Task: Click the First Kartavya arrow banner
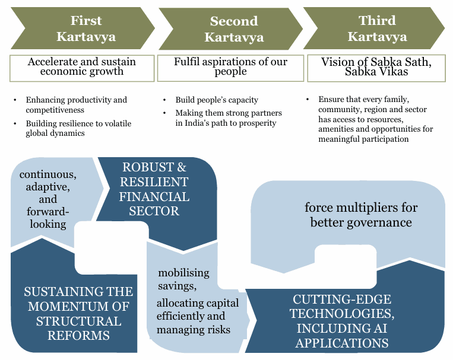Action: point(85,28)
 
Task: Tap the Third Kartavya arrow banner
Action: point(377,28)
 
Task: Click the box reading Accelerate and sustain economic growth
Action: point(82,67)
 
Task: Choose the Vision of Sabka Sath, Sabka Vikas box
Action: point(377,66)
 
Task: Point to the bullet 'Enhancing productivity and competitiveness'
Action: point(76,104)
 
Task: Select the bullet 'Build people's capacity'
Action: point(217,100)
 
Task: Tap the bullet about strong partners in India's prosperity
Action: point(229,117)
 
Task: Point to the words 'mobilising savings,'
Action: point(183,280)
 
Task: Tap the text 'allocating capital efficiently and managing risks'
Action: point(198,316)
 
